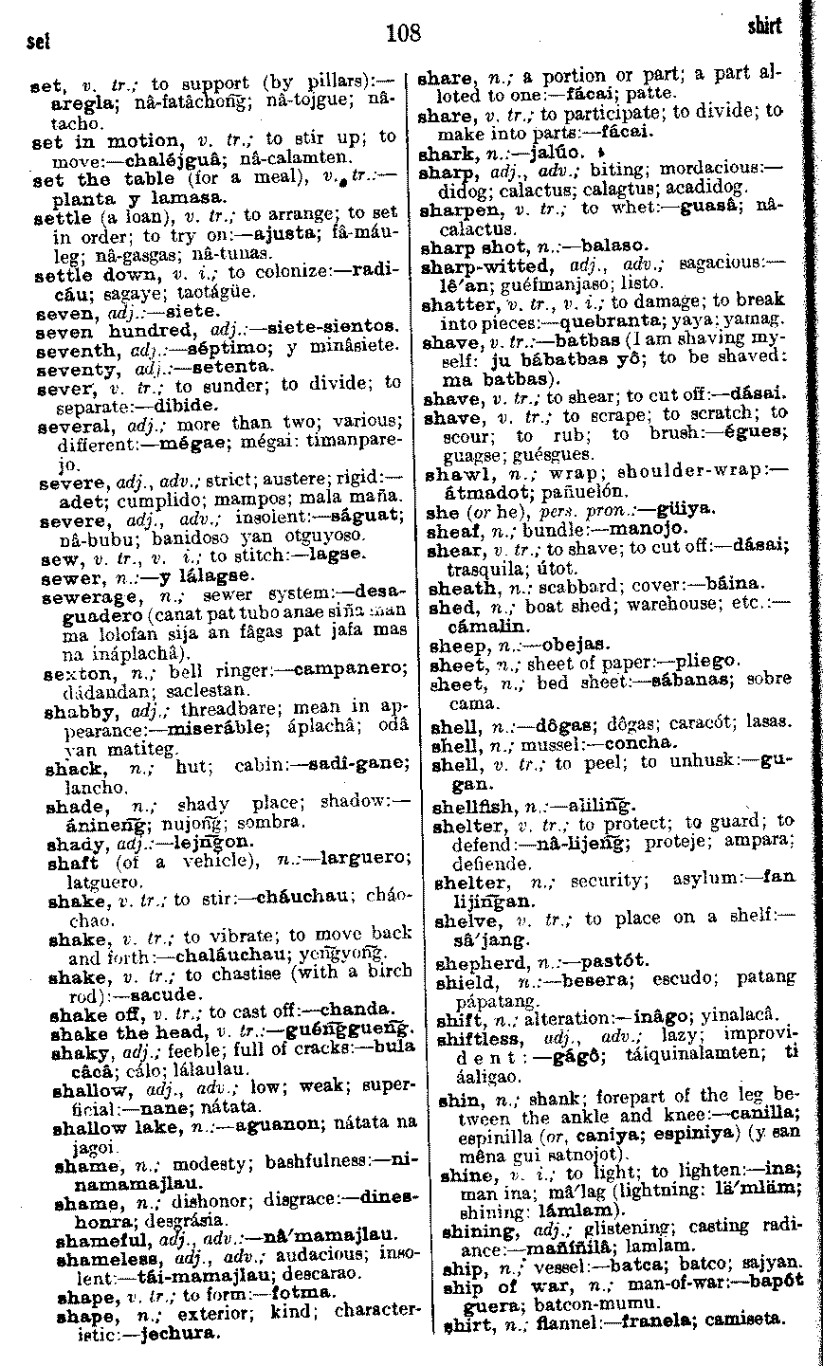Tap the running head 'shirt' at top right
[764, 27]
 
